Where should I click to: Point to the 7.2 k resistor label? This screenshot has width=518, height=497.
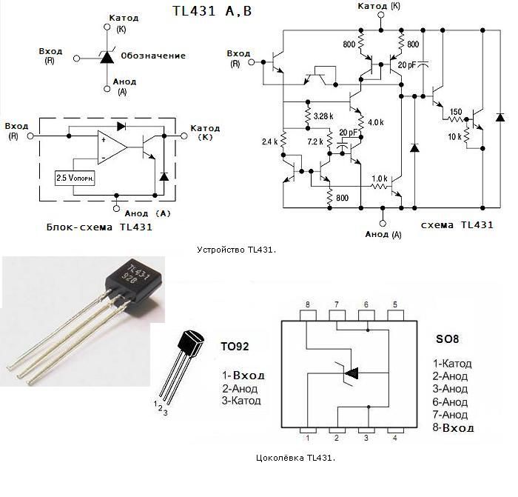pyautogui.click(x=316, y=141)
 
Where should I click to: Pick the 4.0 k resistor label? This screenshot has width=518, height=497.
pyautogui.click(x=376, y=121)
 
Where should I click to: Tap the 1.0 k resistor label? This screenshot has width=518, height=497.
pyautogui.click(x=380, y=179)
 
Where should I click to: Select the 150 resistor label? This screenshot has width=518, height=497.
pyautogui.click(x=456, y=112)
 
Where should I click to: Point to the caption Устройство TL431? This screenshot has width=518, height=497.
pyautogui.click(x=237, y=250)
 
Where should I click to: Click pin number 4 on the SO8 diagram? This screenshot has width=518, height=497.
pyautogui.click(x=394, y=438)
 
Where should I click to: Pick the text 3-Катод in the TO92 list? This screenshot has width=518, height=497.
pyautogui.click(x=241, y=401)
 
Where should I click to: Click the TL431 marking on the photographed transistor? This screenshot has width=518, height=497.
pyautogui.click(x=138, y=272)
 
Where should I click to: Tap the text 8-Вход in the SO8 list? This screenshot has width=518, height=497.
pyautogui.click(x=454, y=427)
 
